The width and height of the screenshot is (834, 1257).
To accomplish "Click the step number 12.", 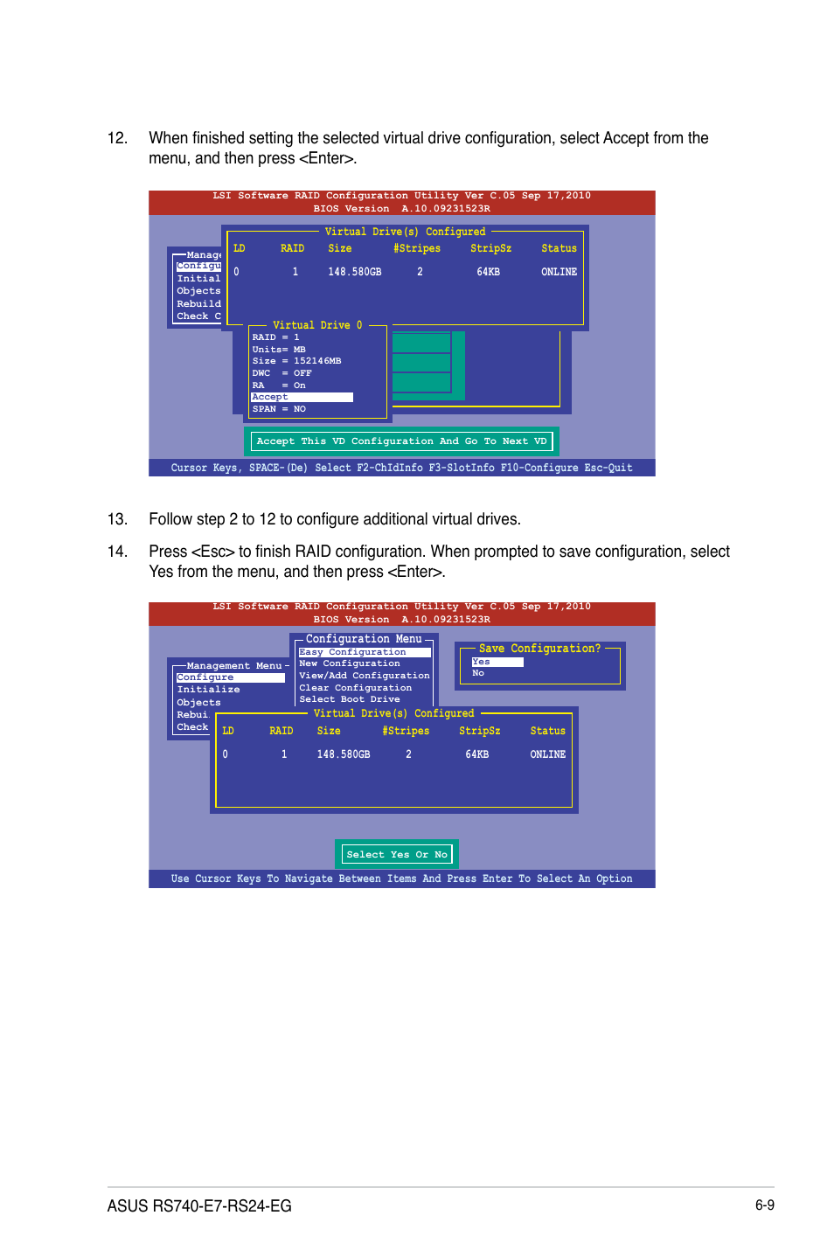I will pyautogui.click(x=117, y=138).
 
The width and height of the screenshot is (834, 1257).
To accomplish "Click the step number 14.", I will pyautogui.click(x=117, y=552).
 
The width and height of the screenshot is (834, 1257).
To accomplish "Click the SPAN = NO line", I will pyautogui.click(x=279, y=409).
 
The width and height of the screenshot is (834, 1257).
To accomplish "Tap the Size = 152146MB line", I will pyautogui.click(x=296, y=361).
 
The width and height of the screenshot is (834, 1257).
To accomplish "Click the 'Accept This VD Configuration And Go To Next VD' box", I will pyautogui.click(x=401, y=441).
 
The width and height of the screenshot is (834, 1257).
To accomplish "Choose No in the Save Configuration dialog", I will pyautogui.click(x=478, y=673).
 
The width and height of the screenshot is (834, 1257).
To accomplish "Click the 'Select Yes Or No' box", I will pyautogui.click(x=397, y=854).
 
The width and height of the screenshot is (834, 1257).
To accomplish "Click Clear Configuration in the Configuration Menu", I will pyautogui.click(x=355, y=688).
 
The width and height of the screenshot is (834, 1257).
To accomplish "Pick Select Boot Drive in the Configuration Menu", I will pyautogui.click(x=350, y=699).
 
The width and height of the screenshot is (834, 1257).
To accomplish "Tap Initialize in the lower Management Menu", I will pyautogui.click(x=208, y=690).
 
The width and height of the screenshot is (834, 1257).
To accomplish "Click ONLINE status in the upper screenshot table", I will pyautogui.click(x=559, y=272).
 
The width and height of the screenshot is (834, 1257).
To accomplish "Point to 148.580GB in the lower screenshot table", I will pyautogui.click(x=344, y=754).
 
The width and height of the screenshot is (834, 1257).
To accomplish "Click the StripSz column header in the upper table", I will pyautogui.click(x=490, y=248).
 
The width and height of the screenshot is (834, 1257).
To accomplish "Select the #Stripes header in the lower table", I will pyautogui.click(x=406, y=731).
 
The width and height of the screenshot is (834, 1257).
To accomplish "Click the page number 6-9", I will pyautogui.click(x=765, y=1205).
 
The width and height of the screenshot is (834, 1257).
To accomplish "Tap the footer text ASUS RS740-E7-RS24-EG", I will pyautogui.click(x=199, y=1206).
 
